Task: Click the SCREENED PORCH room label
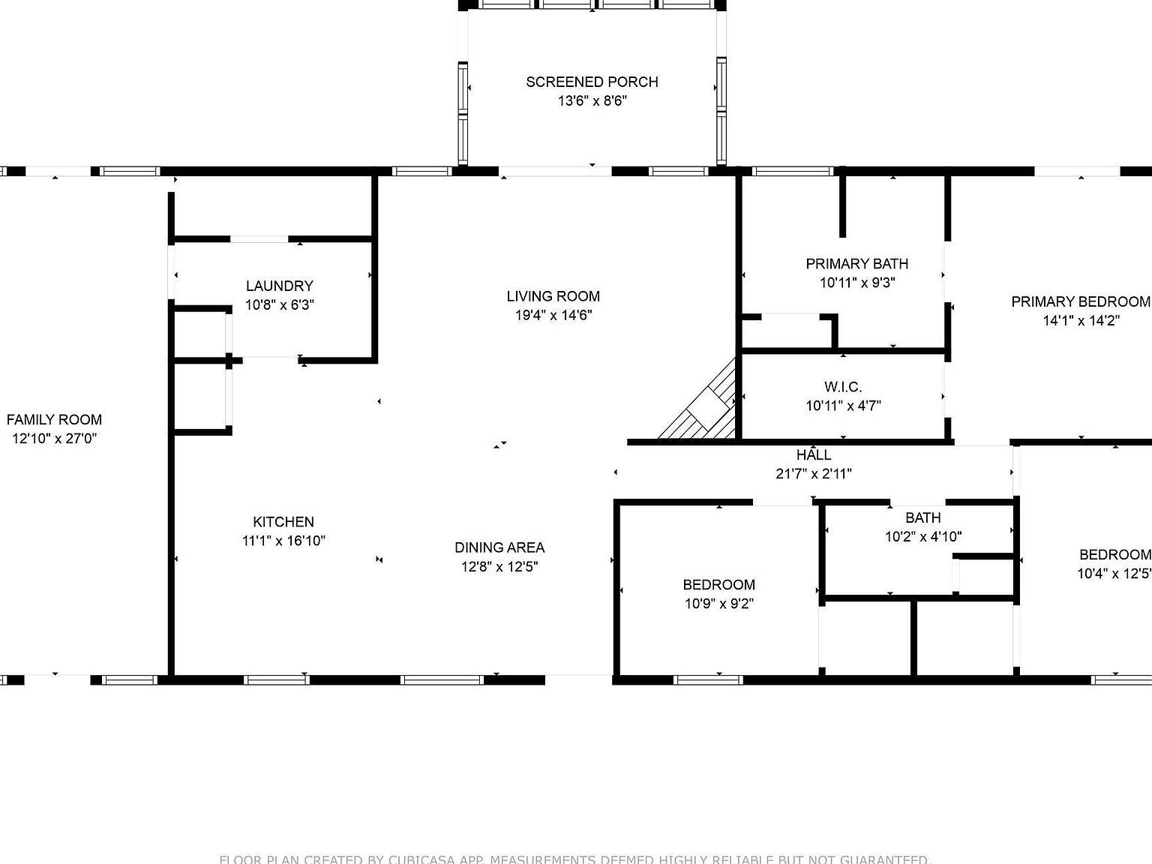592,82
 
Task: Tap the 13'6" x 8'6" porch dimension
592,100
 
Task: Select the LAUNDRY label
279,286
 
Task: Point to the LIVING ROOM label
553,296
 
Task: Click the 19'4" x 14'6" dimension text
553,315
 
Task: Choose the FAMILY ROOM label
54,420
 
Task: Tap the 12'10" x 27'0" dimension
54,439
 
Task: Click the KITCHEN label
283,522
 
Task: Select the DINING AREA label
499,547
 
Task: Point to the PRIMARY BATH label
856,264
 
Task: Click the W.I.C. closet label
843,387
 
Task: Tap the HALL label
813,455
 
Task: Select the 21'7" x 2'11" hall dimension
813,474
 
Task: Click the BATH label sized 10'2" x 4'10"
922,517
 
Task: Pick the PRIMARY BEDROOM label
1080,301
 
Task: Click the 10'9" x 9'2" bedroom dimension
718,604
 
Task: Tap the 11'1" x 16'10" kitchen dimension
283,541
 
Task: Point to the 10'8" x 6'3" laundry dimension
279,305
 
